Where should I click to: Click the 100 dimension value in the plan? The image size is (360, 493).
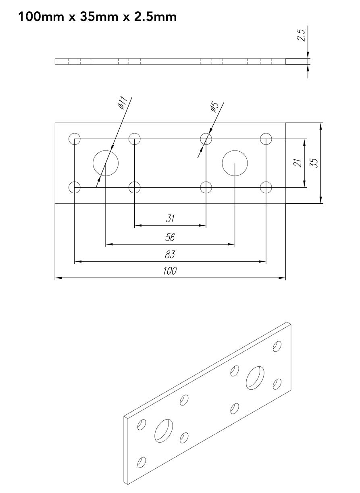(170, 271)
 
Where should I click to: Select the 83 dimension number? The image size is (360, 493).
(170, 254)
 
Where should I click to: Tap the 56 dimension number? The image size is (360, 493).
(170, 237)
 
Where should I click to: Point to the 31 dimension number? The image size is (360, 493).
(170, 219)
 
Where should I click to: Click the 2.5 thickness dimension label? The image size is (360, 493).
(301, 35)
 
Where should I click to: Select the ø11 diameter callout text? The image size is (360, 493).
(123, 102)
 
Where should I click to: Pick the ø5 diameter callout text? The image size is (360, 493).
(214, 107)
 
